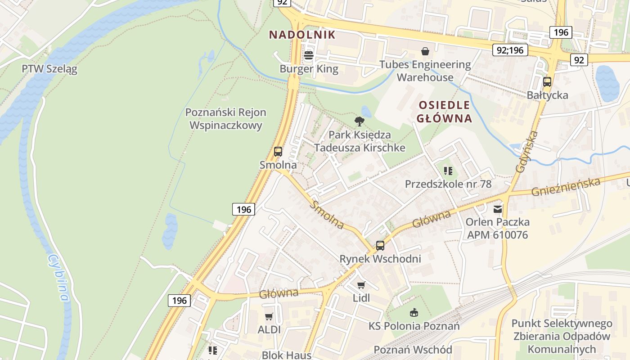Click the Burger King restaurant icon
pos(309,56)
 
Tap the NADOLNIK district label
pos(302,35)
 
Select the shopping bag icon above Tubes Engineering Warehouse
pos(425,51)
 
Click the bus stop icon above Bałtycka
pos(547,82)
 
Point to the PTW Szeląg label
pos(49,69)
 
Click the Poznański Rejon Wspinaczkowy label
pos(226,119)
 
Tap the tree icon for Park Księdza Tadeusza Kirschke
pos(359,121)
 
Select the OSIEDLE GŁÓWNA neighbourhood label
pos(444,112)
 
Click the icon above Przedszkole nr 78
pos(448,171)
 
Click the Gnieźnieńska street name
pos(566,187)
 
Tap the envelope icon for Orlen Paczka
pos(497,209)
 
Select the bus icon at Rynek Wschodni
pos(380,246)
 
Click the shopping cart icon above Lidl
pos(361,285)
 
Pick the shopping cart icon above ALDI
pos(269,317)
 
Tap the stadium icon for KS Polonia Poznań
pos(414,312)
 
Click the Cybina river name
pos(59,278)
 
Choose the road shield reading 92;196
pos(510,50)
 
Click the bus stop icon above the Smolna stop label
pos(278,152)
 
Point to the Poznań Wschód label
pos(413,350)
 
